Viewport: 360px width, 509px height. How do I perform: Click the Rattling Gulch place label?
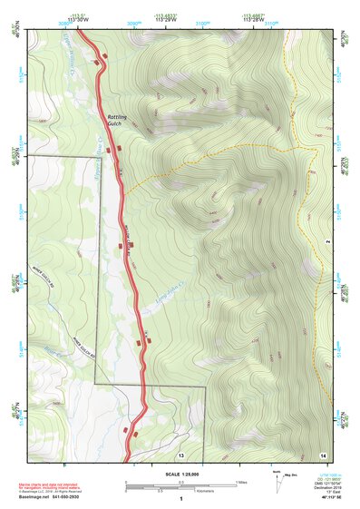click(119, 122)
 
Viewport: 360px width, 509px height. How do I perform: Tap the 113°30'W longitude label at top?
click(80, 21)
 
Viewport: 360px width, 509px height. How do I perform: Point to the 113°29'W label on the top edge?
click(164, 21)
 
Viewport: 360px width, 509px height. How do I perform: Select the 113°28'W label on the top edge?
click(253, 21)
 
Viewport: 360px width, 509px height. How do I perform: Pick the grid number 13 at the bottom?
click(180, 453)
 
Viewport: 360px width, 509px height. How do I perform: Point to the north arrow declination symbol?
click(276, 480)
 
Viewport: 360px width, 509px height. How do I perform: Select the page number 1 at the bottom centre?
click(181, 499)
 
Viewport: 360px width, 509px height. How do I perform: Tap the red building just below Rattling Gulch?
click(110, 149)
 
